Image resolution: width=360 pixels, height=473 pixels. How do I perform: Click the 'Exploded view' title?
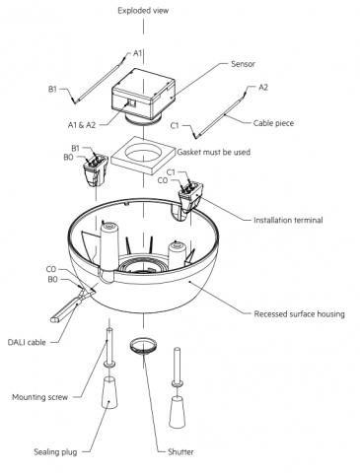click(143, 11)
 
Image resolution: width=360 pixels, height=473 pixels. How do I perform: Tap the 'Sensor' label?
click(243, 64)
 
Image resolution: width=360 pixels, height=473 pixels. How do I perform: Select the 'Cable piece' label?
click(273, 123)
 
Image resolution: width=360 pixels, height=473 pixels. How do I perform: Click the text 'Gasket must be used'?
click(214, 152)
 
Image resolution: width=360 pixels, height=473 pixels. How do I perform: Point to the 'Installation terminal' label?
click(288, 220)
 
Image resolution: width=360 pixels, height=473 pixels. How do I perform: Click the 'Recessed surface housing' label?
click(299, 314)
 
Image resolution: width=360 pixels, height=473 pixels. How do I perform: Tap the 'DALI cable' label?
click(27, 342)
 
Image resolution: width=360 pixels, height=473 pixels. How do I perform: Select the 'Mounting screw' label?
click(39, 397)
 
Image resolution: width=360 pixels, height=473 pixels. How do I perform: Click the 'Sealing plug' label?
click(55, 452)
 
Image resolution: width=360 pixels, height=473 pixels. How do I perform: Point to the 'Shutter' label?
click(180, 452)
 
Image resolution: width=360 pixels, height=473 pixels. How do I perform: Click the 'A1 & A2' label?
click(82, 125)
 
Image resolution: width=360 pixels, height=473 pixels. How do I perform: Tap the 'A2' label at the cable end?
click(263, 88)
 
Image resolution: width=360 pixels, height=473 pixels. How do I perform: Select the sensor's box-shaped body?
click(143, 94)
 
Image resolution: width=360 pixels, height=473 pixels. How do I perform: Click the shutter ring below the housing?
click(143, 346)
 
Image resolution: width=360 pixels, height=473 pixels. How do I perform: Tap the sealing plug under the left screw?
click(108, 392)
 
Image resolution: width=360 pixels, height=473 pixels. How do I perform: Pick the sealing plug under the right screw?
click(178, 412)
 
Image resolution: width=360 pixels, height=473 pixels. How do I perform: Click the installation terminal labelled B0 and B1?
click(96, 170)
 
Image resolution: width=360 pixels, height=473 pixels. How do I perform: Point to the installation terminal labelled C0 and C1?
click(190, 197)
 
